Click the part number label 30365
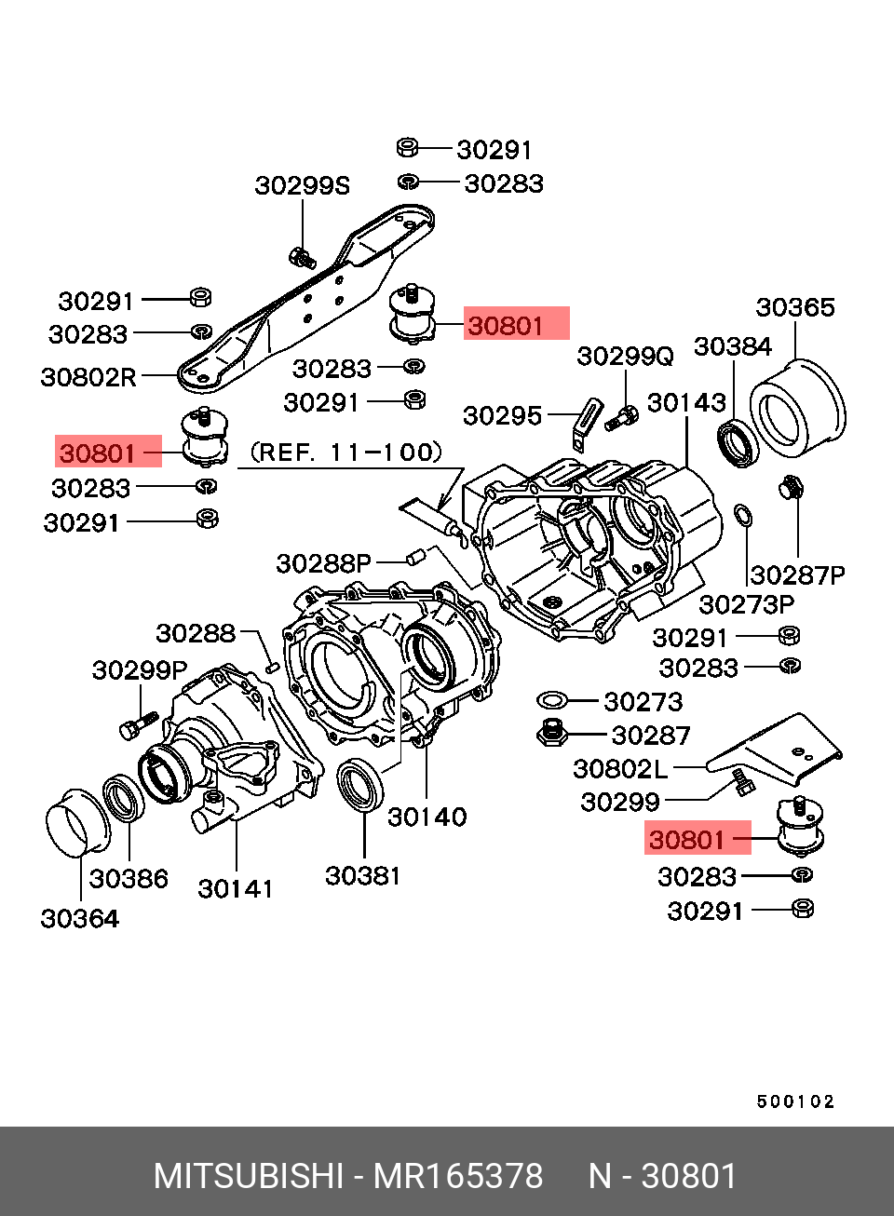point(794,307)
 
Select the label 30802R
point(88,377)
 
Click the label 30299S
point(302,186)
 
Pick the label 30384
point(733,346)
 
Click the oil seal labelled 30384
point(738,443)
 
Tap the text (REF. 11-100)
point(345,453)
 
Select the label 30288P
point(323,563)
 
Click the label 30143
point(686,402)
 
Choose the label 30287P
point(797,575)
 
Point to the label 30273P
point(746,605)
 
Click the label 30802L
point(620,768)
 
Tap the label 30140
point(427,817)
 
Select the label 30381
point(362,875)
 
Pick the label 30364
point(80,919)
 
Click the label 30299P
point(140,670)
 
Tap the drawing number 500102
point(795,1101)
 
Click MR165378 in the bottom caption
point(457,1176)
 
